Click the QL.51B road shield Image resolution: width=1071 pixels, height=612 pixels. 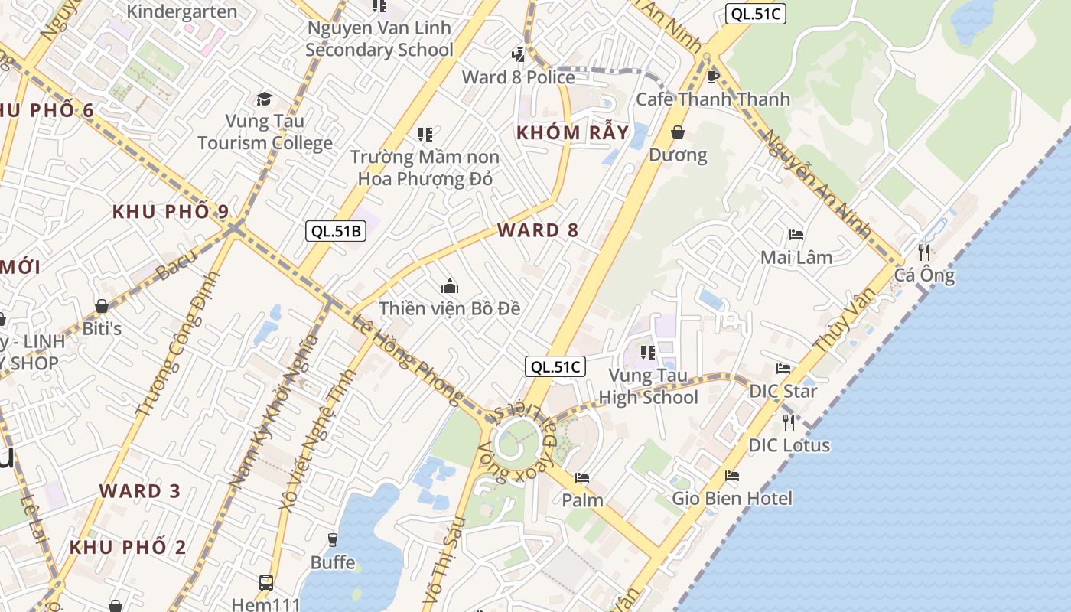(x=336, y=231)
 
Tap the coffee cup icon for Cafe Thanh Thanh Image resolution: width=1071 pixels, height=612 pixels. (x=713, y=76)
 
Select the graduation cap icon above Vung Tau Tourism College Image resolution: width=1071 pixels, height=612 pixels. (x=264, y=99)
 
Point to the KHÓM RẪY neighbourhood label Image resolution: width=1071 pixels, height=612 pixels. (x=572, y=132)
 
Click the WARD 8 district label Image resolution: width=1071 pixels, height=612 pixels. (x=538, y=229)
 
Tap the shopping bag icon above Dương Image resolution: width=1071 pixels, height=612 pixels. (x=678, y=133)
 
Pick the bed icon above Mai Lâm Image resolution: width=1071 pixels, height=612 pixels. (x=796, y=235)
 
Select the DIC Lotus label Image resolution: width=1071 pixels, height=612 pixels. (x=789, y=444)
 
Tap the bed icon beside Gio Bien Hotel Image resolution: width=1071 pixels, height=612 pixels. (x=732, y=476)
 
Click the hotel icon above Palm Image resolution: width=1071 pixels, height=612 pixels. (x=582, y=478)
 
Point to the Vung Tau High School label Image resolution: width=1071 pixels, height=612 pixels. (x=648, y=386)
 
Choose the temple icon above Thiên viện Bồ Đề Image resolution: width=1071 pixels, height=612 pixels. (x=450, y=287)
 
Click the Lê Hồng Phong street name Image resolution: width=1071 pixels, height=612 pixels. (x=408, y=360)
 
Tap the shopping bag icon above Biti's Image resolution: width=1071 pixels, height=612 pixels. (x=102, y=307)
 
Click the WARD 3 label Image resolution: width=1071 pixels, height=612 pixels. (x=140, y=490)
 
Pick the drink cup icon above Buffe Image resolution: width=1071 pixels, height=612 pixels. (x=333, y=540)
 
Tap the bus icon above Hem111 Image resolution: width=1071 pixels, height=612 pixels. (x=266, y=583)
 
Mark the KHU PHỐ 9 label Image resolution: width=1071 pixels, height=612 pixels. (x=171, y=212)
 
